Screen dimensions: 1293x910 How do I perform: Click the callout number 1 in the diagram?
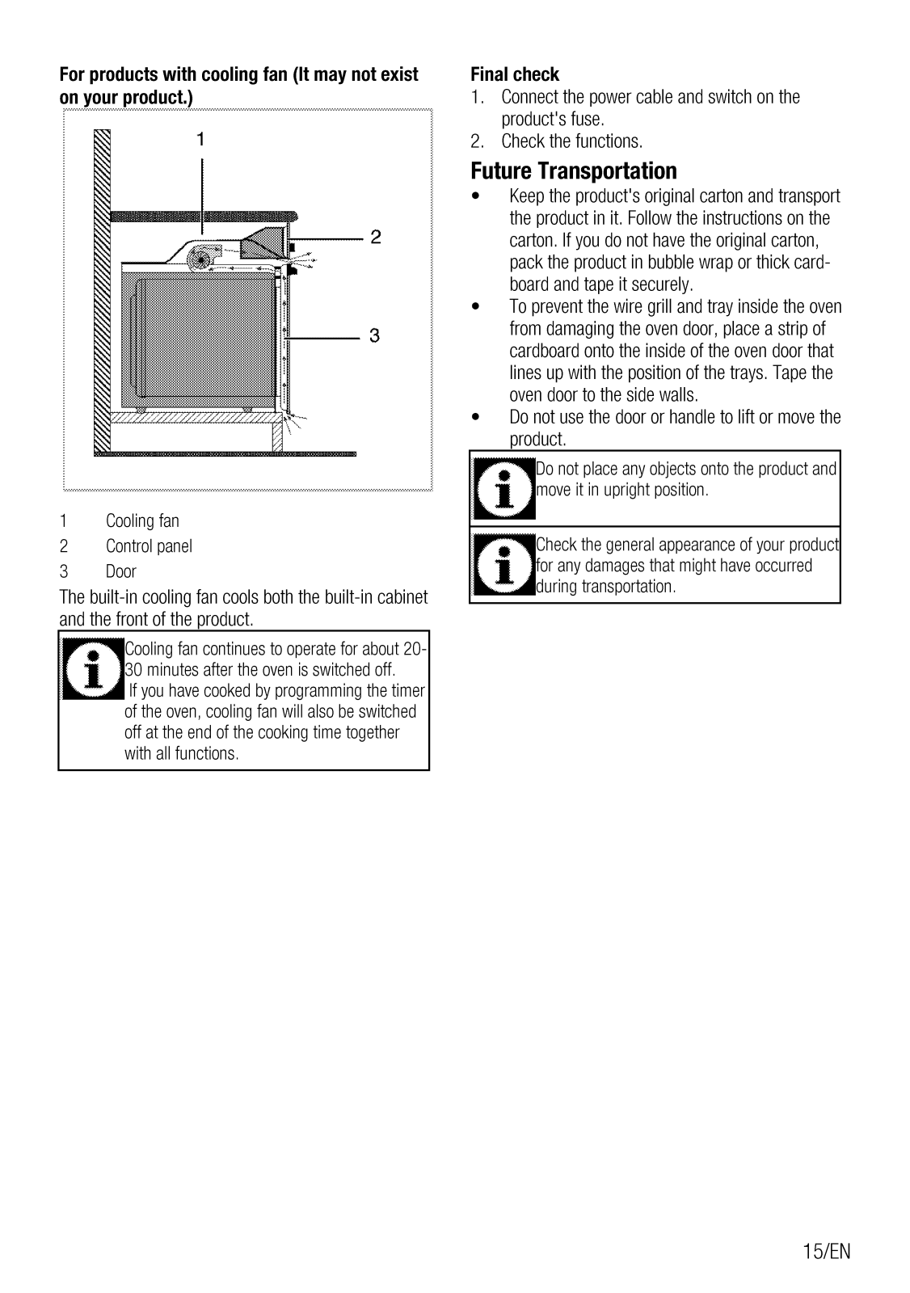200,139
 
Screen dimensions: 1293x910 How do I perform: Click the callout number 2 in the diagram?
376,237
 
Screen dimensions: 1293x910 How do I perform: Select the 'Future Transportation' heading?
574,171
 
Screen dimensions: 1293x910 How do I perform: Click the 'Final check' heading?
515,74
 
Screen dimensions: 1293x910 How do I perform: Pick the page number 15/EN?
827,1252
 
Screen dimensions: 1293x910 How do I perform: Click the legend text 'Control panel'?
149,546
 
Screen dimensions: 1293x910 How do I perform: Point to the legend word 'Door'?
121,572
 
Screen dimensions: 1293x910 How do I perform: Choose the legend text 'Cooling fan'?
142,521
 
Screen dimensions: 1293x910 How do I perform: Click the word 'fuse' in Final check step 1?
587,120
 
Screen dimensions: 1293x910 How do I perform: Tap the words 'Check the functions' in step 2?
571,141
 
